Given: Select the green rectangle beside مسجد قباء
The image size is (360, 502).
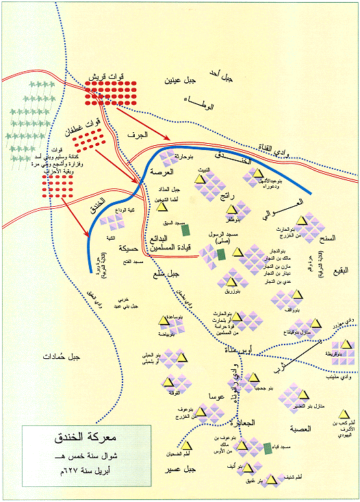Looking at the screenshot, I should pyautogui.click(x=266, y=448).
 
